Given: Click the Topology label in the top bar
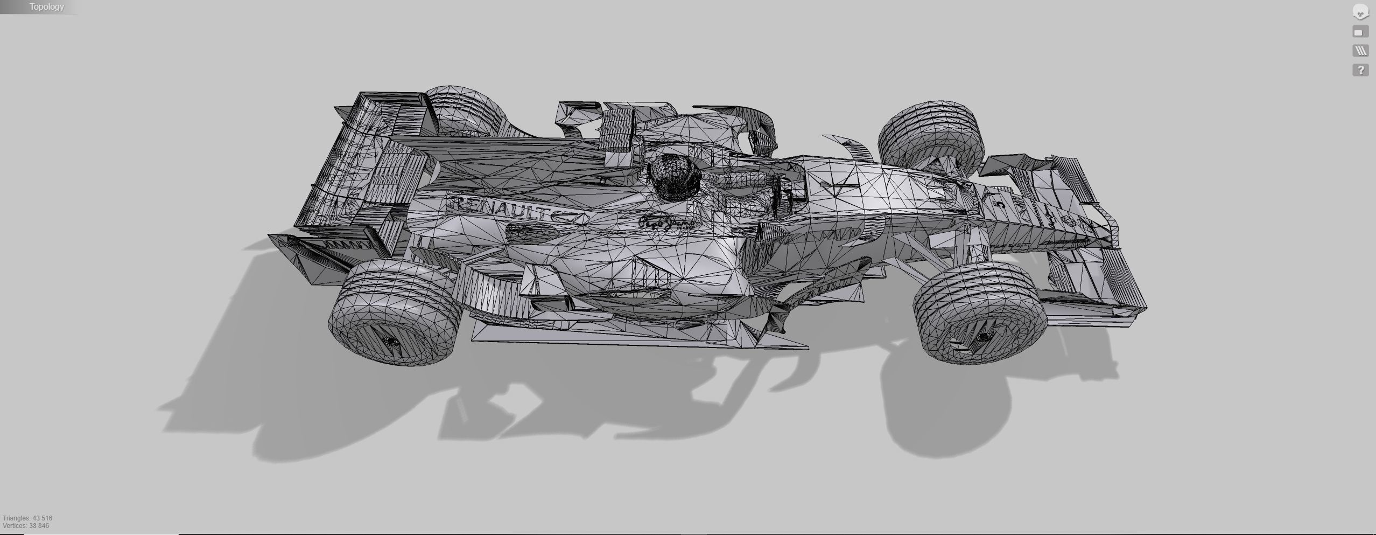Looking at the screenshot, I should pos(46,7).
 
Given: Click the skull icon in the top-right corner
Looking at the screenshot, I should pos(1360,12).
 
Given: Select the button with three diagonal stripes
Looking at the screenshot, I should pos(1360,51).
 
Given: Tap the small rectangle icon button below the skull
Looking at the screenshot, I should pos(1360,32).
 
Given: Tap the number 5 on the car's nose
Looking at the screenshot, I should pos(1000,204).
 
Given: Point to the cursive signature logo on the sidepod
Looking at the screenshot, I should pos(666,223).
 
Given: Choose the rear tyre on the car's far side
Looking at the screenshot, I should pos(463,110).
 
